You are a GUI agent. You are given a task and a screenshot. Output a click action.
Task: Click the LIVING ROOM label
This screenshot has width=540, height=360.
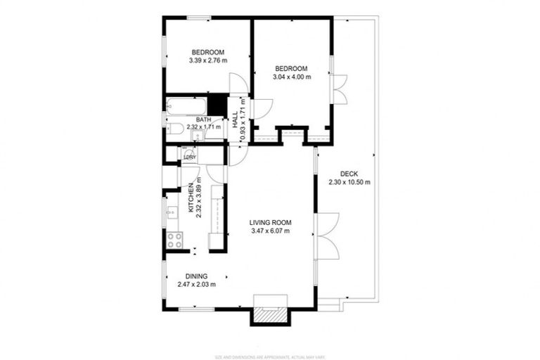tap(270, 223)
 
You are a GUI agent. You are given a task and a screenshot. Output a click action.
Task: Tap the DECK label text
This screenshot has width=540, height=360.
tap(349, 174)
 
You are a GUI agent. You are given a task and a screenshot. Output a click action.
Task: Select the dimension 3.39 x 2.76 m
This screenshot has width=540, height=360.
tap(207, 60)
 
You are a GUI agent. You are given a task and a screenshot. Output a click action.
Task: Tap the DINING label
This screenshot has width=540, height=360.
tap(196, 276)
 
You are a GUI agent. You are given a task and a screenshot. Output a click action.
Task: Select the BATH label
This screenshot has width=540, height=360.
tap(204, 120)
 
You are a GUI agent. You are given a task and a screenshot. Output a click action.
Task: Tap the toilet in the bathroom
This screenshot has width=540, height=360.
tap(175, 128)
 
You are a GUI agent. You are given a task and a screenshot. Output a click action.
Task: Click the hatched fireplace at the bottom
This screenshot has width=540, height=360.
tap(269, 316)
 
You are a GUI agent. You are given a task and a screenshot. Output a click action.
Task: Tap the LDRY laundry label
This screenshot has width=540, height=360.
tap(190, 157)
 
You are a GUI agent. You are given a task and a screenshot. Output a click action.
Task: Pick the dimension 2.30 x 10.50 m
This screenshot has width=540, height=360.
tap(349, 182)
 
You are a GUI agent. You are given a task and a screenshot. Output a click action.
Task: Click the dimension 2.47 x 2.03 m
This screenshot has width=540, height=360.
tap(196, 285)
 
